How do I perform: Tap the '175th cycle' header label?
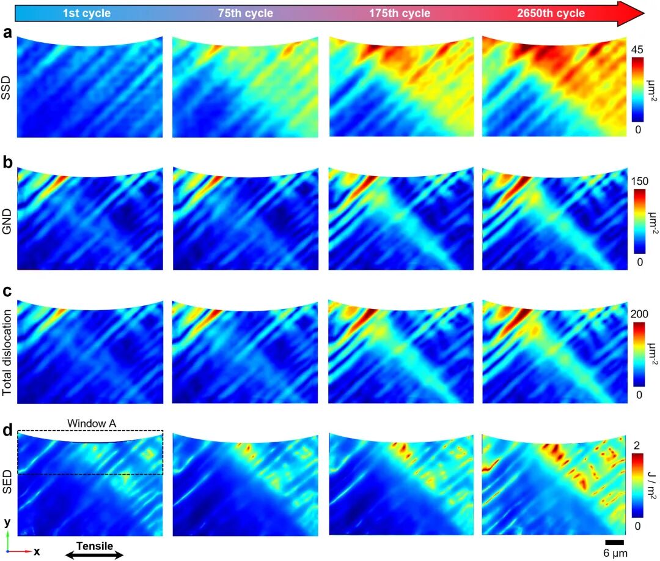click(x=400, y=13)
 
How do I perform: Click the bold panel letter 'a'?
click(x=7, y=34)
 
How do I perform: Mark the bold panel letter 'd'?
click(x=7, y=430)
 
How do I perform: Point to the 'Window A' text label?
click(x=87, y=423)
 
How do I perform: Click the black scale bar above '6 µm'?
click(x=615, y=542)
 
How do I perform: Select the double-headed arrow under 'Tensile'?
click(x=94, y=554)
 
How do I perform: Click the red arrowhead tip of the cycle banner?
click(x=643, y=13)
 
